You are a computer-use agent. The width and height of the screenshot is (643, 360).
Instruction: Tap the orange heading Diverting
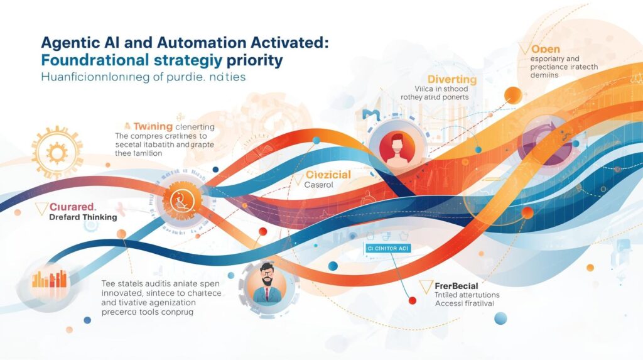[451, 79]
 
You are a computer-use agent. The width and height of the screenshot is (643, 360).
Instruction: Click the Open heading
[545, 48]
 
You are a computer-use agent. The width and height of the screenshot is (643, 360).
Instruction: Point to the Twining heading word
[153, 126]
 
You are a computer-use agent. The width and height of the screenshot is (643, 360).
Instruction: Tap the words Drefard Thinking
[83, 217]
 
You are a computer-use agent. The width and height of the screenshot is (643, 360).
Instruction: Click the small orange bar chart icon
[48, 280]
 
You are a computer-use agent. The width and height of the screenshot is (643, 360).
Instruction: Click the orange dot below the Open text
[512, 95]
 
